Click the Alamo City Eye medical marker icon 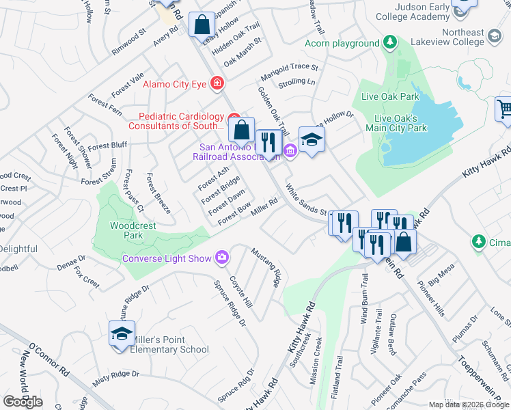(x=217, y=83)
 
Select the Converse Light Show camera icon (x=222, y=258)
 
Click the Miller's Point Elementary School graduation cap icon (x=121, y=334)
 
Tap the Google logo (x=23, y=401)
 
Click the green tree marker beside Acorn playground (x=390, y=42)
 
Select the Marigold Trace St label (x=289, y=67)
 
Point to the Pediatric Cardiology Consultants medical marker (x=234, y=116)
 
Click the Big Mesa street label (x=436, y=277)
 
